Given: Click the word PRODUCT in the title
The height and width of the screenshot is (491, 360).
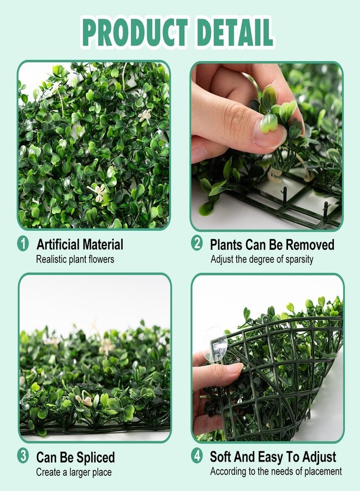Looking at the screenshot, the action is coord(135,33).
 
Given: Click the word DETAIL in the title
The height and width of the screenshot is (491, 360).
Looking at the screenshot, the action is coord(235,33).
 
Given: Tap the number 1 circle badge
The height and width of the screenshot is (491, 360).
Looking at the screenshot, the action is coord(23,244).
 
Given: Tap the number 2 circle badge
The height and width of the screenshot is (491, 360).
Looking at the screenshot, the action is coord(197,243).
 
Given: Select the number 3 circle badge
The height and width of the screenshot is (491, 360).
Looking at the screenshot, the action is coord(23,456).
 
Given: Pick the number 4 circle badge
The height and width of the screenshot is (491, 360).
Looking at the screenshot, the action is coord(197,456).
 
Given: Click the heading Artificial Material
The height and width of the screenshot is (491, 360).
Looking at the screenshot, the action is coord(80,244).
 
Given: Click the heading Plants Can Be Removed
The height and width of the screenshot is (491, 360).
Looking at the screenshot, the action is coord(272,244).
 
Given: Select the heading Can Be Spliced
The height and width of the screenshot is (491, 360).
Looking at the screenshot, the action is coord(75,458).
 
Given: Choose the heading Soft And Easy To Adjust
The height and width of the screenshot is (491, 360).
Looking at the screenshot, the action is coord(273,457).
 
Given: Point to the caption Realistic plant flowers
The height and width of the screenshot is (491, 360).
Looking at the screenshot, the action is coord(75,259).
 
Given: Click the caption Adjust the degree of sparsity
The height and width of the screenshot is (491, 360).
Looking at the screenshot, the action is coord(262,260).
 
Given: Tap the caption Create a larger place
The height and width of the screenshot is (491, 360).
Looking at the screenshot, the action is coord(74,472).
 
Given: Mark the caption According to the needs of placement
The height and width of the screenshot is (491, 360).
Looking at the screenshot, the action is coord(276,471).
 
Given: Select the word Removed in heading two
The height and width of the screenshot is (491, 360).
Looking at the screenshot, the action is coord(313,244).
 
